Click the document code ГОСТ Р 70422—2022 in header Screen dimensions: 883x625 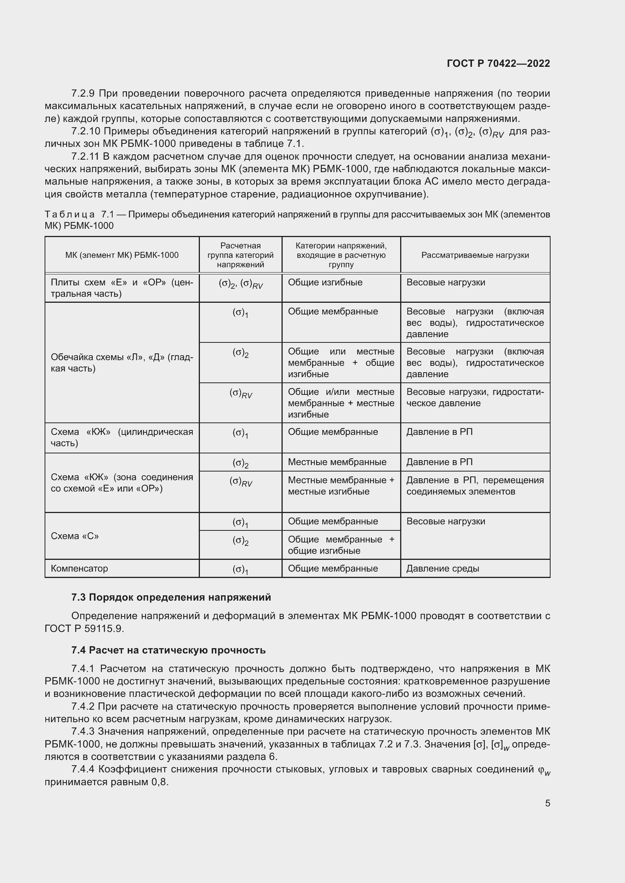(498, 63)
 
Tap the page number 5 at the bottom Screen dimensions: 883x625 (547, 803)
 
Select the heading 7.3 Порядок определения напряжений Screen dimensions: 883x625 (171, 597)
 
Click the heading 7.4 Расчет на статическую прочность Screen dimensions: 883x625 (168, 650)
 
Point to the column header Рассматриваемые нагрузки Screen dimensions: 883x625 (475, 255)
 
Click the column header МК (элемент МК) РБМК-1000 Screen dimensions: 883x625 (122, 255)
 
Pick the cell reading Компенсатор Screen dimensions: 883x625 (79, 569)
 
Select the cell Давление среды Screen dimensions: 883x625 (442, 569)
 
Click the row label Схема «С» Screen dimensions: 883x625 (75, 536)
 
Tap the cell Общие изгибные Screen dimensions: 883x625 (325, 282)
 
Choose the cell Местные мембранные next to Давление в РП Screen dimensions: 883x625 (337, 462)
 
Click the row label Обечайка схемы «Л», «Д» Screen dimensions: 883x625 (122, 363)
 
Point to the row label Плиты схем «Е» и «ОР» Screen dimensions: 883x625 (122, 288)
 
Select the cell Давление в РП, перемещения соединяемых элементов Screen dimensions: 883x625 (475, 486)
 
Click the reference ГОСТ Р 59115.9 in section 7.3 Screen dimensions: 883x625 (84, 629)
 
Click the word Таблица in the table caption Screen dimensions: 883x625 (70, 214)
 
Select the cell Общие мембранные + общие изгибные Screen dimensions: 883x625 (340, 545)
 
